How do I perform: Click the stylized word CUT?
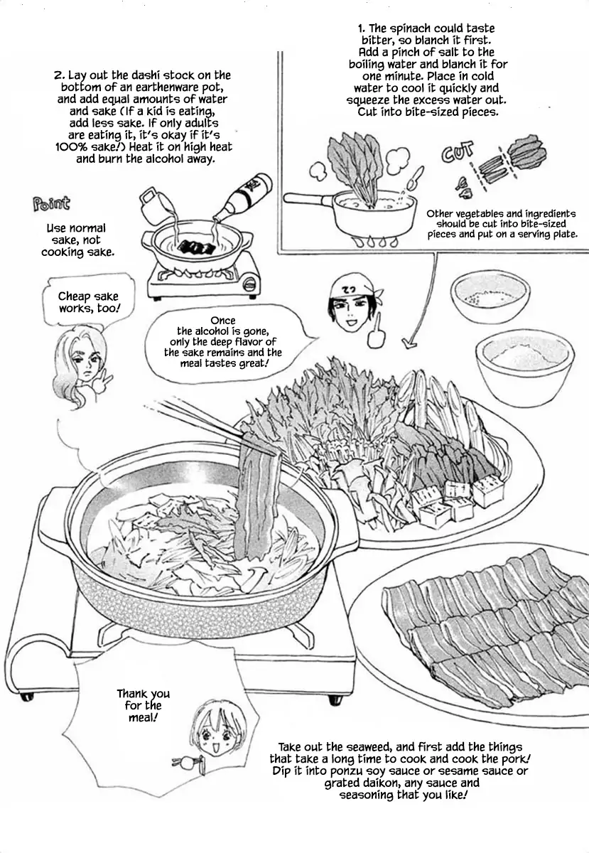[x=458, y=151]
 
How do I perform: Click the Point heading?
[x=51, y=204]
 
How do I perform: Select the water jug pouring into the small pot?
[x=155, y=205]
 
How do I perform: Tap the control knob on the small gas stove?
[x=250, y=283]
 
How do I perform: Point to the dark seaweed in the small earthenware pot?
[x=197, y=246]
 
